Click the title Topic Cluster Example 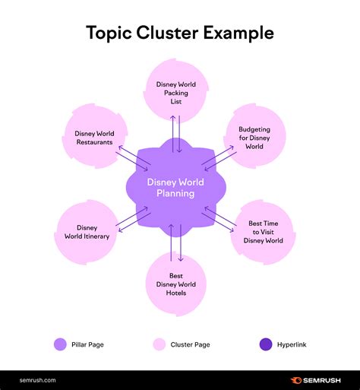[180, 33]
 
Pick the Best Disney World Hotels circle [175, 283]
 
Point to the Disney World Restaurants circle [94, 138]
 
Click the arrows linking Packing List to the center [176, 134]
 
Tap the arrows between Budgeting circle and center [218, 157]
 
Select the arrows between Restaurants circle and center [132, 157]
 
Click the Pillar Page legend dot [60, 344]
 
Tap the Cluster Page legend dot [158, 344]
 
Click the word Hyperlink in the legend [292, 344]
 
